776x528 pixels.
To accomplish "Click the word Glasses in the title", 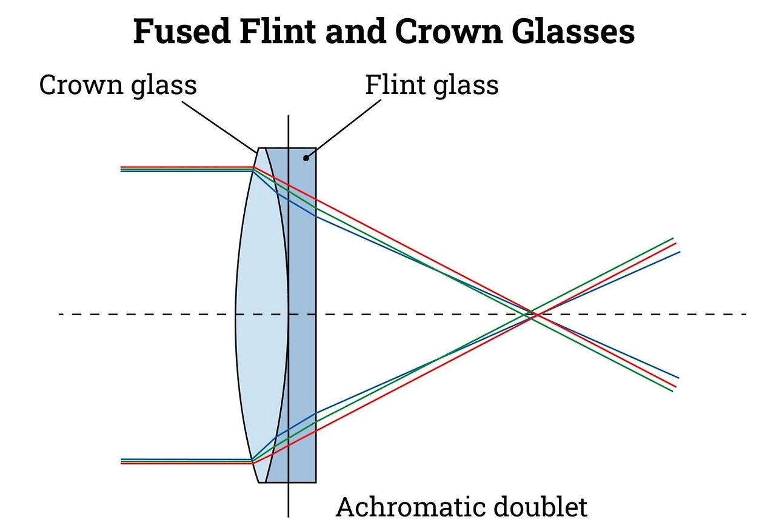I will click(578, 32).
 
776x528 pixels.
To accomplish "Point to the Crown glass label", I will click(118, 85).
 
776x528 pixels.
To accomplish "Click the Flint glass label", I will click(431, 85).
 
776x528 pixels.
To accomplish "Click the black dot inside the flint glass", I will click(306, 158).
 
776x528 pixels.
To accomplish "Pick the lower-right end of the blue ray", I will click(678, 378).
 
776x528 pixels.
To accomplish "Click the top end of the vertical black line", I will click(289, 116).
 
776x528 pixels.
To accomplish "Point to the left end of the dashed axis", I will click(59, 314).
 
